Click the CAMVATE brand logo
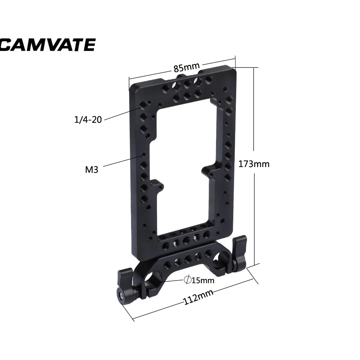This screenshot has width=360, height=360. coord(47,45)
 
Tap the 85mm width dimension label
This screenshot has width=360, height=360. coord(186,67)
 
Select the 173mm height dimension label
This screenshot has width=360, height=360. coord(254,164)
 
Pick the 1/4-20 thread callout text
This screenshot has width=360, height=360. coord(88,120)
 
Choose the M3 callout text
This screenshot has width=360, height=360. coord(91,169)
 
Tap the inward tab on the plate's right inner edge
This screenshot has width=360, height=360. coord(209,170)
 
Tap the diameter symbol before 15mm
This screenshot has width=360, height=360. coord(187,280)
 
